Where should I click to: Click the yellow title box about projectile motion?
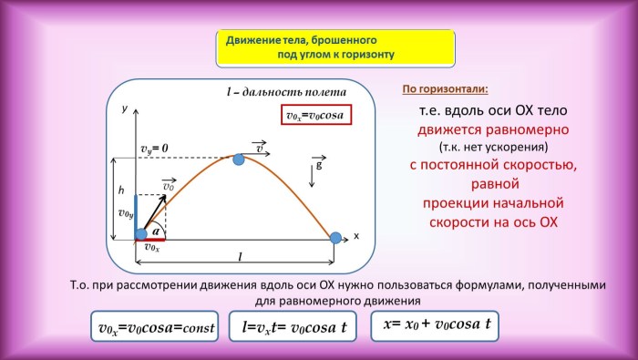334,47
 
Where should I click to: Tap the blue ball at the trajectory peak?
239,159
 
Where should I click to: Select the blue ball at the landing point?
335,238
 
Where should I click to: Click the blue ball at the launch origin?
141,234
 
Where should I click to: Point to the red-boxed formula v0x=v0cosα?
315,117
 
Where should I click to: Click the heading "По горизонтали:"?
445,89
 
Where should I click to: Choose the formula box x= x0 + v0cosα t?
437,324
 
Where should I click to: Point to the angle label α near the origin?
155,231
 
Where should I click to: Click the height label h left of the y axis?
120,191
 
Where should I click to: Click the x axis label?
356,236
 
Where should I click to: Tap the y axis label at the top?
124,108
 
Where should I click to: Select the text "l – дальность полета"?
285,92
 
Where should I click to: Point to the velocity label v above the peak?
261,148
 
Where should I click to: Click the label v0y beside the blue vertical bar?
126,213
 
